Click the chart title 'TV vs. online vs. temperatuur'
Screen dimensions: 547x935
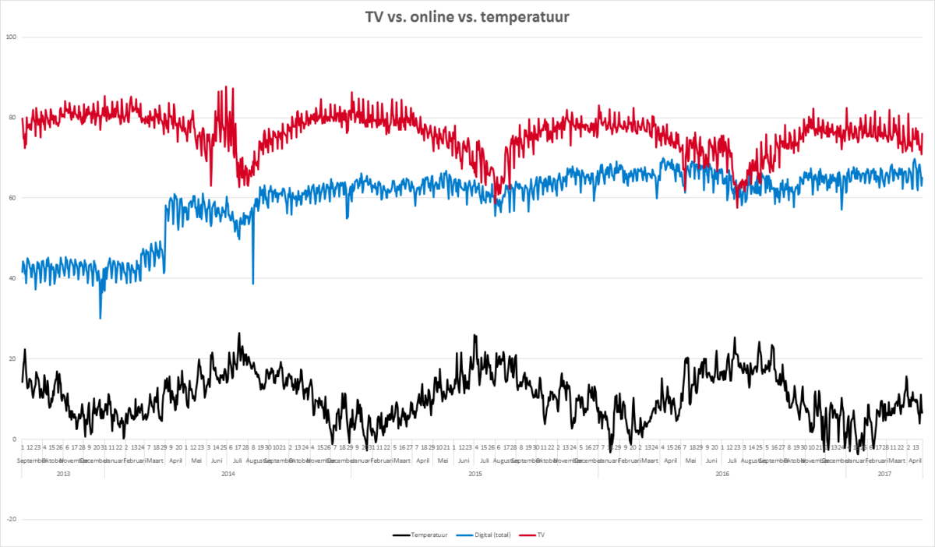click(x=467, y=16)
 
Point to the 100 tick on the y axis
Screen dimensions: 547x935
click(x=11, y=37)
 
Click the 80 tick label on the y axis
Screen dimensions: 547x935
click(x=12, y=118)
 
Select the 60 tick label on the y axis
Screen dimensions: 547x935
click(x=12, y=198)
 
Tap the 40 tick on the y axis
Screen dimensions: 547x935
click(x=12, y=278)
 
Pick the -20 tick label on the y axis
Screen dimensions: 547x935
click(x=11, y=519)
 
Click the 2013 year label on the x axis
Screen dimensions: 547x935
click(x=63, y=473)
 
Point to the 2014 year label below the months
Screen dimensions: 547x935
click(x=228, y=473)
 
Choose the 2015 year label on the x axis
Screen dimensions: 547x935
click(x=475, y=473)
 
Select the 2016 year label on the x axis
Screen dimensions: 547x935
click(x=722, y=473)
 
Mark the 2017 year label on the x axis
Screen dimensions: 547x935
click(x=884, y=473)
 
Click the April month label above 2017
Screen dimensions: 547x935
click(x=916, y=461)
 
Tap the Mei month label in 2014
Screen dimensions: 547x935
click(x=196, y=461)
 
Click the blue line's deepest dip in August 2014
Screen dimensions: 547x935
click(x=252, y=283)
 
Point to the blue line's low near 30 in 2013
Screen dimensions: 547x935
click(x=101, y=317)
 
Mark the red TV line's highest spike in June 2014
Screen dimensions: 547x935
click(x=225, y=87)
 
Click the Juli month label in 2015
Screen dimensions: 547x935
click(x=484, y=461)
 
